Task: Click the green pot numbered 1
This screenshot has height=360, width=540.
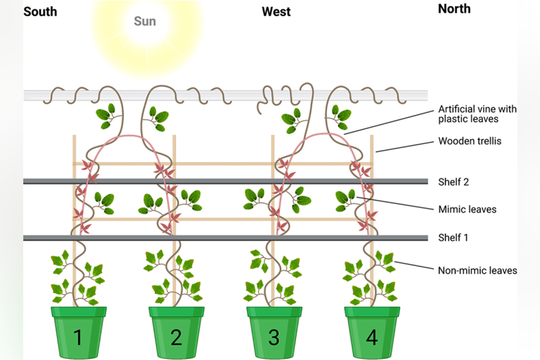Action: tap(79, 332)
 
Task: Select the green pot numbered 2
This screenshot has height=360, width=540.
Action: tap(176, 332)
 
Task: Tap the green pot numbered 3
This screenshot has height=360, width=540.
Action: tap(274, 332)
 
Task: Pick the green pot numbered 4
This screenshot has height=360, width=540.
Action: tap(372, 332)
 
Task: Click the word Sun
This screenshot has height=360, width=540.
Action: tap(145, 22)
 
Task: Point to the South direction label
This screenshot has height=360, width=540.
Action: tap(40, 12)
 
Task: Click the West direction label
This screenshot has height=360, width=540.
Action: tap(276, 12)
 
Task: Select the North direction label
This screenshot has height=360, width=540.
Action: tap(454, 9)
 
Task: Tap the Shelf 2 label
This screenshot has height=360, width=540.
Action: tap(454, 182)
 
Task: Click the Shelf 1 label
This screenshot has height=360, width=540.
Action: tap(453, 238)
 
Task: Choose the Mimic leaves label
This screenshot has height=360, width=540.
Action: tap(467, 209)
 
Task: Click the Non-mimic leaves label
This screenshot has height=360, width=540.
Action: tap(478, 271)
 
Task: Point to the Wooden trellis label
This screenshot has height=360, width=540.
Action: tap(470, 141)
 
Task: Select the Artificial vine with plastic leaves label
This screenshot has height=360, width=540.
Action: tap(478, 113)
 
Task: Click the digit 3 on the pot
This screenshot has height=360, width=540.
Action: tap(274, 337)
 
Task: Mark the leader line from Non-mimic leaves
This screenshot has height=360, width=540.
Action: tap(413, 266)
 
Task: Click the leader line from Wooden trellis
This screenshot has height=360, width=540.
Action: tap(404, 146)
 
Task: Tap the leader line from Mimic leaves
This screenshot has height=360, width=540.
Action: tap(395, 203)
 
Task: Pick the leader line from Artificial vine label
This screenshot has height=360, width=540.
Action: tap(388, 122)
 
